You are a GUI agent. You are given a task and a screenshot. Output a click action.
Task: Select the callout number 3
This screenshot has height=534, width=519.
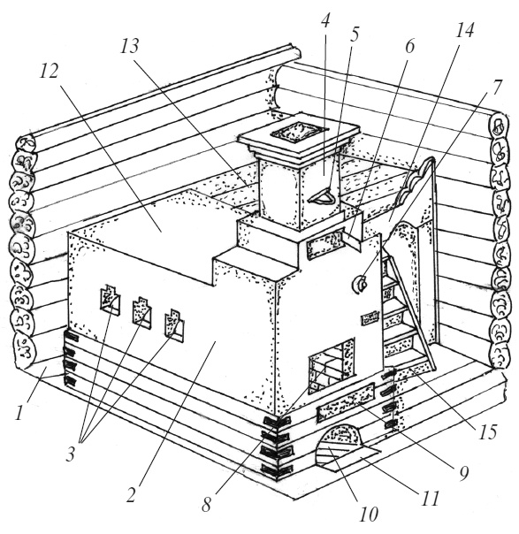[x=70, y=454]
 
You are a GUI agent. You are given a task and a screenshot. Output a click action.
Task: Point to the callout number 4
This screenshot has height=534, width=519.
[x=325, y=21]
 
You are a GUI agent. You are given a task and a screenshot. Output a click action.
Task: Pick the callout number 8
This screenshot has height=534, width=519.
[x=206, y=504]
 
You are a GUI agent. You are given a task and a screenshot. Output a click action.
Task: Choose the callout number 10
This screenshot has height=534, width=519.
[x=369, y=514]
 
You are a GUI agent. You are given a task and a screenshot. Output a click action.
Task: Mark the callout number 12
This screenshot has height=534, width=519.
[x=49, y=71]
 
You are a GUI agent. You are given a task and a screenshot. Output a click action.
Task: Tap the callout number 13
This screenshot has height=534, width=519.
[x=130, y=46]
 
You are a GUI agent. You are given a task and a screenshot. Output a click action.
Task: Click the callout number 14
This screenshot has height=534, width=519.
[x=465, y=30]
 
